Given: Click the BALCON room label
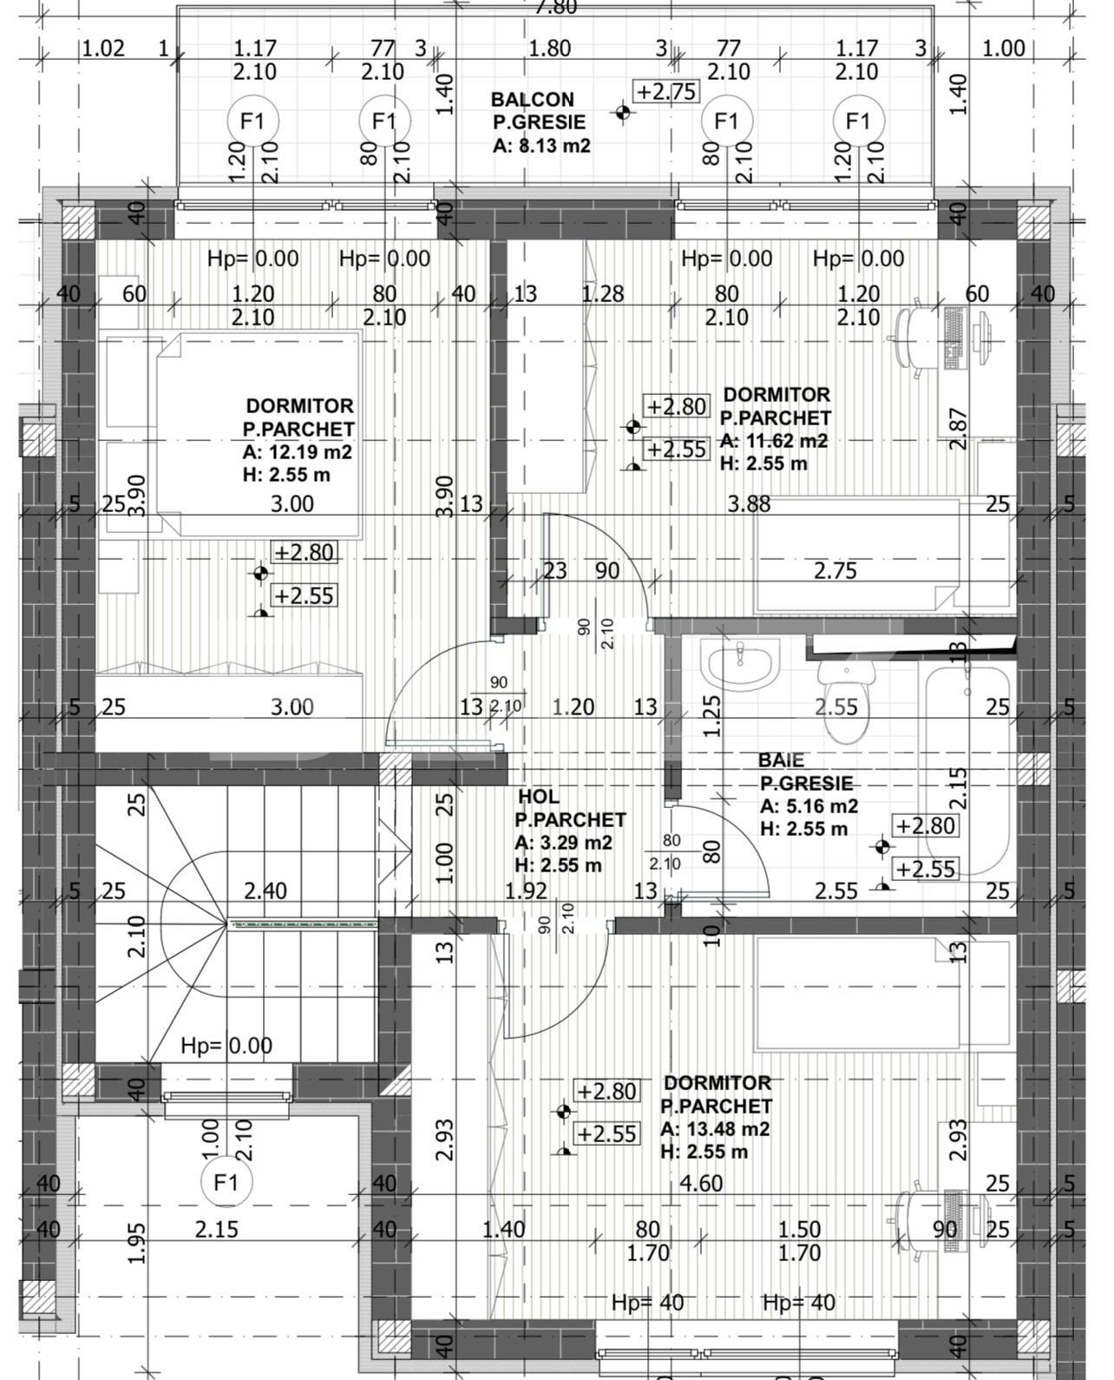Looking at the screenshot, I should pyautogui.click(x=532, y=100).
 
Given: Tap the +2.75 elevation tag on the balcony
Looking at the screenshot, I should pyautogui.click(x=666, y=91).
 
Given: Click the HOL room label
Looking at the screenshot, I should pyautogui.click(x=538, y=797).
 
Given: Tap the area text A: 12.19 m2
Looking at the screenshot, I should pyautogui.click(x=298, y=452).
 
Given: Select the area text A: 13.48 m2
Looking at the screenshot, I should pyautogui.click(x=714, y=1129).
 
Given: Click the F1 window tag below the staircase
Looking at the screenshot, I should pyautogui.click(x=226, y=1182).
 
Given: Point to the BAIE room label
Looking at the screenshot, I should pyautogui.click(x=781, y=760).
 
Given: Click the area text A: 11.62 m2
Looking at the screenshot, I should pyautogui.click(x=773, y=440).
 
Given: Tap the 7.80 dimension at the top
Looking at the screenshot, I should pyautogui.click(x=555, y=7).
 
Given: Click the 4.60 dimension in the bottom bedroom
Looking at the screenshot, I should pyautogui.click(x=701, y=1183).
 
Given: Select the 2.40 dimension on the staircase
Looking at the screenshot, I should pyautogui.click(x=265, y=890).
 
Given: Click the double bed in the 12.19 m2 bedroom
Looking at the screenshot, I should pyautogui.click(x=258, y=434).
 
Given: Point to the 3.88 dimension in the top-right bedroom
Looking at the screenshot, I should pyautogui.click(x=749, y=503).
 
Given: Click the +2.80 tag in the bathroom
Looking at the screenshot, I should pyautogui.click(x=926, y=825).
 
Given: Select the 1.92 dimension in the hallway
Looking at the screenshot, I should pyautogui.click(x=526, y=890).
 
